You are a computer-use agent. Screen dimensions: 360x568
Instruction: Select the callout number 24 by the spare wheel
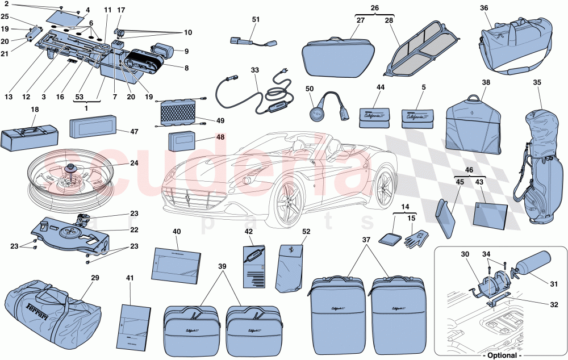pos(133,163)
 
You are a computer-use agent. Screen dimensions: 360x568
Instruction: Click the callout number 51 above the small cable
pos(256,20)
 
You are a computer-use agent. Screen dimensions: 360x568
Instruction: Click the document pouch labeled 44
pos(374,116)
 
